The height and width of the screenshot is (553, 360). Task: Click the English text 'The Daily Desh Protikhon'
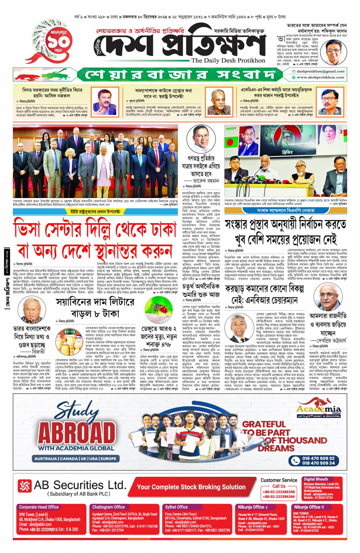pyautogui.click(x=228, y=61)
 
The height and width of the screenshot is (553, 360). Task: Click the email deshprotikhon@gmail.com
pyautogui.click(x=320, y=71)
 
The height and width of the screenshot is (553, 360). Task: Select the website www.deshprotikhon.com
pyautogui.click(x=320, y=77)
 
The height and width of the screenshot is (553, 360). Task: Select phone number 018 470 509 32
pyautogui.click(x=318, y=458)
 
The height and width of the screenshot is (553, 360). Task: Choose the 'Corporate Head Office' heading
pyautogui.click(x=39, y=507)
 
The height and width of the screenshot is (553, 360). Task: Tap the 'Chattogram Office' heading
pyautogui.click(x=109, y=507)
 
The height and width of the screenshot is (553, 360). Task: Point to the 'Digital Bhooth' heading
pyautogui.click(x=316, y=479)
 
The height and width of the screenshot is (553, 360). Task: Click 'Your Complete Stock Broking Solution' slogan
pyautogui.click(x=191, y=487)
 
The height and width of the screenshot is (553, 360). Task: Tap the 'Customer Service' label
pyautogui.click(x=279, y=480)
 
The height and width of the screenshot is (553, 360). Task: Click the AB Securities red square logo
pyautogui.click(x=25, y=486)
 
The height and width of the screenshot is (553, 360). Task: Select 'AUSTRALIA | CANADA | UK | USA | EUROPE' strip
pyautogui.click(x=75, y=459)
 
